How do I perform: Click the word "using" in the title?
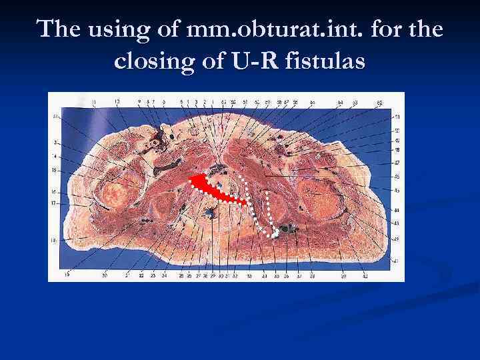[120, 31]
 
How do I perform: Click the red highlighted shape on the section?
[212, 188]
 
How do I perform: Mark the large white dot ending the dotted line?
[274, 233]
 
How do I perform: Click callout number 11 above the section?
[94, 101]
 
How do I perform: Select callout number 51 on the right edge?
[398, 117]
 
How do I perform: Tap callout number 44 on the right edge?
[397, 210]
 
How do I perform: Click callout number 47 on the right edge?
[397, 163]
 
